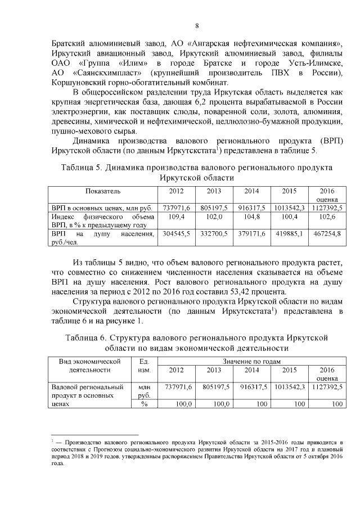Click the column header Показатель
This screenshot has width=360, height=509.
103,191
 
